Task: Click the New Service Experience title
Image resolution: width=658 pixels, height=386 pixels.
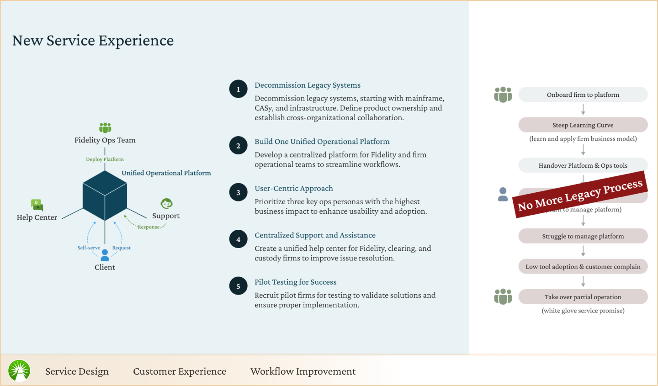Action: pyautogui.click(x=93, y=41)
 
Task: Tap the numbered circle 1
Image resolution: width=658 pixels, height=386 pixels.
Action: pyautogui.click(x=238, y=90)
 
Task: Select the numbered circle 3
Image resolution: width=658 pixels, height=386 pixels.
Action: pyautogui.click(x=238, y=193)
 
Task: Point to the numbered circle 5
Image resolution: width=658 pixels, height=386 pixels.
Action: pyautogui.click(x=238, y=286)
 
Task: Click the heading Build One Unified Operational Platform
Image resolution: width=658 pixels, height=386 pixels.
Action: pyautogui.click(x=322, y=142)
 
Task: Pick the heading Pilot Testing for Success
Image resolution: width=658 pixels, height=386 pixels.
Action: pyautogui.click(x=296, y=282)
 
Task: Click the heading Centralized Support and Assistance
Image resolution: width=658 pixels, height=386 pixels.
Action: pyautogui.click(x=315, y=235)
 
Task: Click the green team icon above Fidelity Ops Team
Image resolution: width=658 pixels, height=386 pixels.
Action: pyautogui.click(x=105, y=127)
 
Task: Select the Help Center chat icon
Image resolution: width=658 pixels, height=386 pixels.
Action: pyautogui.click(x=37, y=205)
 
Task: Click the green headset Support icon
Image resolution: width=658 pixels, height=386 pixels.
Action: pyautogui.click(x=166, y=203)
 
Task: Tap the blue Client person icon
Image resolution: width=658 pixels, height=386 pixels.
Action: pyautogui.click(x=105, y=255)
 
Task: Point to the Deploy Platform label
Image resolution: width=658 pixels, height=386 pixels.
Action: pyautogui.click(x=105, y=159)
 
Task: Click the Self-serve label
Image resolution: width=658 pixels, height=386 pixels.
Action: pyautogui.click(x=89, y=248)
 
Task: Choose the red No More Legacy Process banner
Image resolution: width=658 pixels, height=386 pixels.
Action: pyautogui.click(x=580, y=194)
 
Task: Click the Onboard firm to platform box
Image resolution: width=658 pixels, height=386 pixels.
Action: pyautogui.click(x=583, y=95)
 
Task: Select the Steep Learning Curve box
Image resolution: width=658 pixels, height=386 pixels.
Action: pyautogui.click(x=583, y=125)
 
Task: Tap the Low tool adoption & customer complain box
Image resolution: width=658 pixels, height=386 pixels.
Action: pyautogui.click(x=583, y=267)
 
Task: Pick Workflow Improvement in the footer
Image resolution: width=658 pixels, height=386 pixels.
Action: pyautogui.click(x=303, y=371)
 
